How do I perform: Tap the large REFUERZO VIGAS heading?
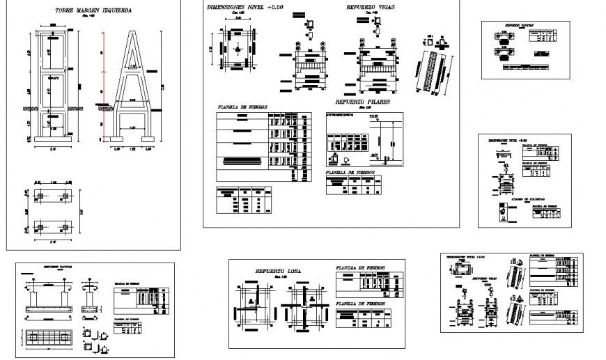372,8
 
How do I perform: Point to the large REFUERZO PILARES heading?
362,102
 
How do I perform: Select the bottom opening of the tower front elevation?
54,127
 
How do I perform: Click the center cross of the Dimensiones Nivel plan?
238,51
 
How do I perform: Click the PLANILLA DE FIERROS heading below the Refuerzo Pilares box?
352,171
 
